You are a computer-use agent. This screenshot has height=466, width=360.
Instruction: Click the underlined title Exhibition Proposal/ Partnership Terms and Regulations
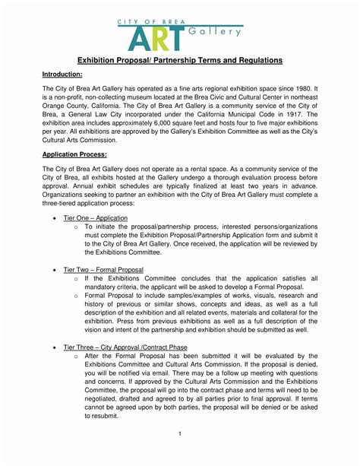tap(179, 59)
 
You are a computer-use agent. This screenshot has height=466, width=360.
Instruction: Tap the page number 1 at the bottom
tap(179, 434)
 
